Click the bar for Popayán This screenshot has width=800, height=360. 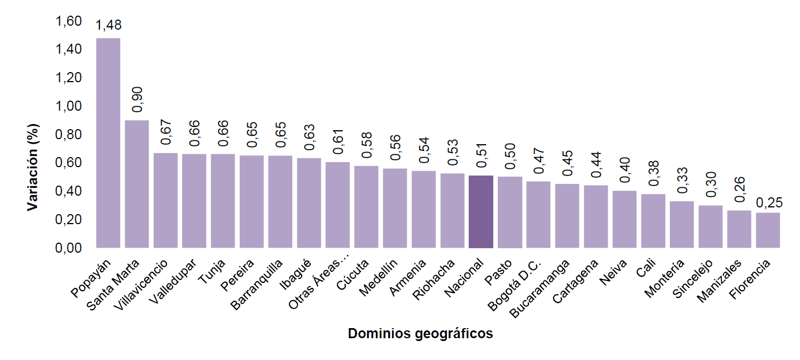(x=108, y=143)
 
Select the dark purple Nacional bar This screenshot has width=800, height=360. (x=481, y=212)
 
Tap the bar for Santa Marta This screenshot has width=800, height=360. (x=137, y=184)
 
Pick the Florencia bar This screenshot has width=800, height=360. (x=768, y=230)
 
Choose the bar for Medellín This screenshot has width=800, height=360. (x=395, y=208)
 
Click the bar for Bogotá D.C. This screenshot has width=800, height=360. (x=539, y=215)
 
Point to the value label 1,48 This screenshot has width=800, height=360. (x=108, y=26)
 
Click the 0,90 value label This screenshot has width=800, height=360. (x=137, y=100)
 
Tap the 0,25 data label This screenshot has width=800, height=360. (x=769, y=203)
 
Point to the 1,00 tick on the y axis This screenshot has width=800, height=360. (x=69, y=106)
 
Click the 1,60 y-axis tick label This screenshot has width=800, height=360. (x=69, y=21)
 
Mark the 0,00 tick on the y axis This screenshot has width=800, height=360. (x=69, y=248)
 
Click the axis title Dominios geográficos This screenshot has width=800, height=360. (x=420, y=334)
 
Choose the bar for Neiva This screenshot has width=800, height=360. (x=625, y=219)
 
